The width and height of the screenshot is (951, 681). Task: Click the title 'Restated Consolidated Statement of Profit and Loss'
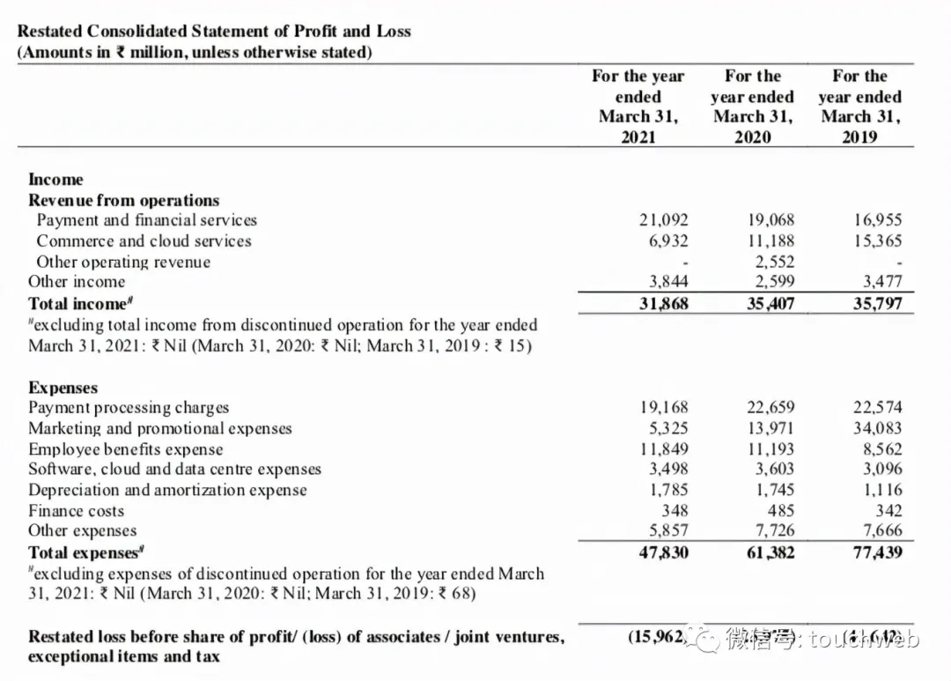click(x=214, y=31)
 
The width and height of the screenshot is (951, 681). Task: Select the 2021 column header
click(x=638, y=106)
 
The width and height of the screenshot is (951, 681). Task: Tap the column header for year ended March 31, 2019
click(x=859, y=106)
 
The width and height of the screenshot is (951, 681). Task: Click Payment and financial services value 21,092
click(x=664, y=220)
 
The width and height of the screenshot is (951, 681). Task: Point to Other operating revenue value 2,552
click(x=775, y=262)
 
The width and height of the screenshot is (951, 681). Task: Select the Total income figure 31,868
click(x=664, y=304)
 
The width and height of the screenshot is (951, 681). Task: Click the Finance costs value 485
click(x=780, y=511)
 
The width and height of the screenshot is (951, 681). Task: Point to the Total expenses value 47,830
click(x=664, y=553)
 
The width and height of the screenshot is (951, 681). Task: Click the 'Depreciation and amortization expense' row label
click(x=167, y=490)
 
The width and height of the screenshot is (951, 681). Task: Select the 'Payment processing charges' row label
click(x=129, y=408)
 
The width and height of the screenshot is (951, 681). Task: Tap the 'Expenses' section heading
click(x=63, y=388)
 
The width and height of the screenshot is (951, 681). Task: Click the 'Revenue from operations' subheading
click(x=123, y=200)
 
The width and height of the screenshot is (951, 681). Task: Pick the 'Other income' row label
click(x=77, y=282)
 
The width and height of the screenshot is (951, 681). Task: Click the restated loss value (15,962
click(x=657, y=636)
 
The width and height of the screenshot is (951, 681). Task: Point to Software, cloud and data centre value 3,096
click(x=881, y=470)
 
